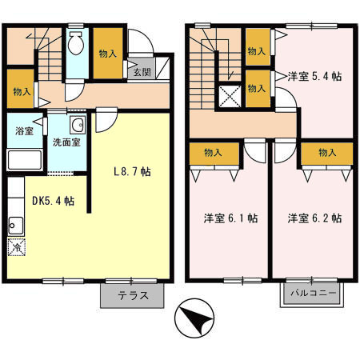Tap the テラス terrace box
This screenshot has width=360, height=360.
(x=132, y=295)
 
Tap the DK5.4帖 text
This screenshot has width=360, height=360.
(x=54, y=201)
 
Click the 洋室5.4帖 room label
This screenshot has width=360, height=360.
(x=315, y=78)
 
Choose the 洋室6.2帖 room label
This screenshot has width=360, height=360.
(x=315, y=218)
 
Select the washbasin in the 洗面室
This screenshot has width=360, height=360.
(x=77, y=126)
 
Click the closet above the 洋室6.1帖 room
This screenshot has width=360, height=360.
(x=213, y=152)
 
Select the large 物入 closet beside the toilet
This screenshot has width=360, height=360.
(x=110, y=54)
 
